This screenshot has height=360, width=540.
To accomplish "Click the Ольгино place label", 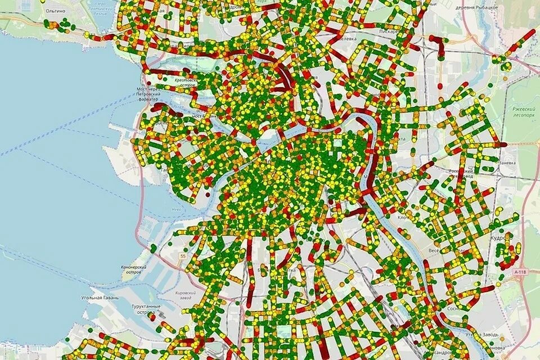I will click(57, 10).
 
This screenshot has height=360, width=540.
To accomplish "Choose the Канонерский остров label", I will click(134, 269).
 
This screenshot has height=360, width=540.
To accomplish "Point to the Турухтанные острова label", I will click(146, 309).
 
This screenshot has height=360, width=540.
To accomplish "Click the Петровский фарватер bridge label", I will click(149, 94).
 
